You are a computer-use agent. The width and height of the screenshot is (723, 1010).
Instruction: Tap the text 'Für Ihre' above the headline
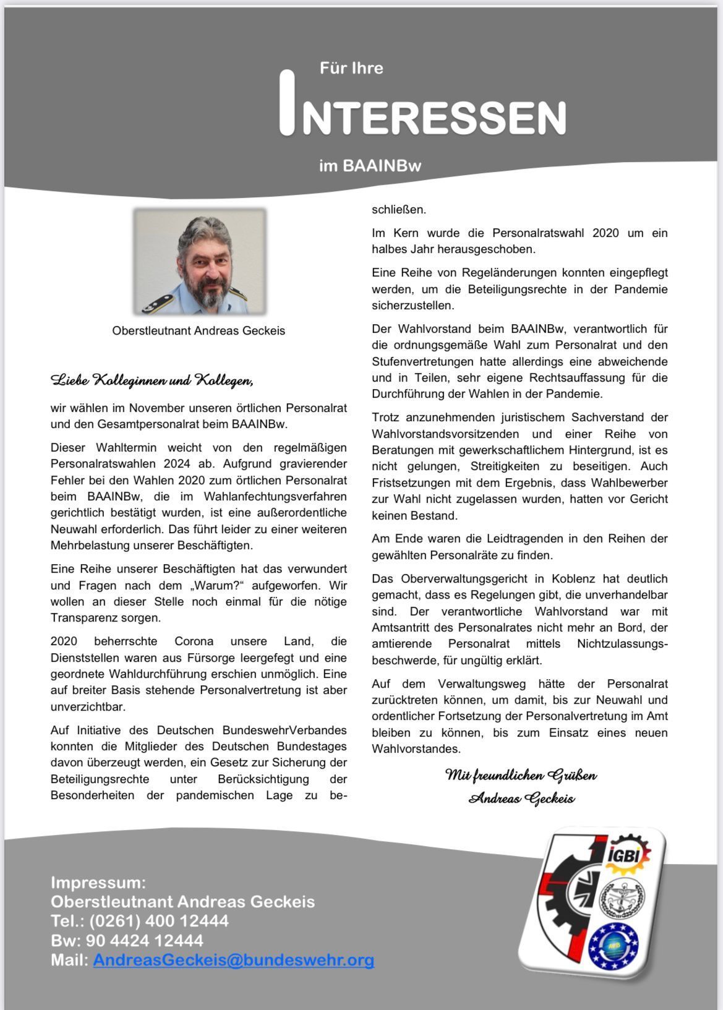pyautogui.click(x=351, y=68)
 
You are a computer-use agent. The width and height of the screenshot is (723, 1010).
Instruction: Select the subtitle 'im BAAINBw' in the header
pyautogui.click(x=370, y=166)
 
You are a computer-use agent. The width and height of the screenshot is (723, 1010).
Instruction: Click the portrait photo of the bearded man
pyautogui.click(x=200, y=262)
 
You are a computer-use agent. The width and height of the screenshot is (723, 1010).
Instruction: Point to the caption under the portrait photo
pyautogui.click(x=199, y=331)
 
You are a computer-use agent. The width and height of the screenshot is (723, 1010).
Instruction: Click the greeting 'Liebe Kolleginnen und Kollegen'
pyautogui.click(x=152, y=380)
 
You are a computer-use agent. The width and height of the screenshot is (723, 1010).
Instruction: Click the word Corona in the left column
pyautogui.click(x=194, y=641)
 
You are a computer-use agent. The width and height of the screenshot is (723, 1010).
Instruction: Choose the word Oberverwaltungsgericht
pyautogui.click(x=464, y=579)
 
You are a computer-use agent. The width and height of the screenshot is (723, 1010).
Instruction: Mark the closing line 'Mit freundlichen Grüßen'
pyautogui.click(x=521, y=775)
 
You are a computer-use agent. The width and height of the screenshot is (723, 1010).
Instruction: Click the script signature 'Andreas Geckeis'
pyautogui.click(x=521, y=798)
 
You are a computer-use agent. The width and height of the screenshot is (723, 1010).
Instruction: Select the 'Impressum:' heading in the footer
pyautogui.click(x=98, y=882)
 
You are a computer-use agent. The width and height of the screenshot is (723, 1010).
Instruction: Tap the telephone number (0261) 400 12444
pyautogui.click(x=158, y=921)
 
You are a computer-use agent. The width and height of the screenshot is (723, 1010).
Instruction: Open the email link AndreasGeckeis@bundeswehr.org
pyautogui.click(x=234, y=960)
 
